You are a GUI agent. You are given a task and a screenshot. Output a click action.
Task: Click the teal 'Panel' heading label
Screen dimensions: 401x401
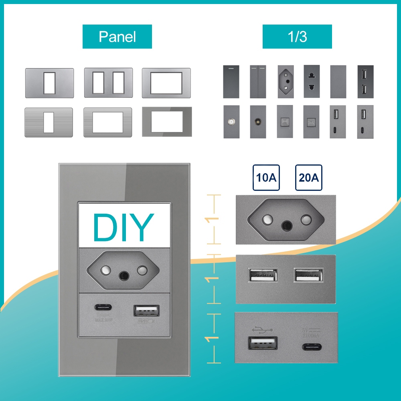point(117,37)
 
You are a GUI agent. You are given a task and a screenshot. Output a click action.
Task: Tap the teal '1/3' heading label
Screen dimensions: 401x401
point(297,37)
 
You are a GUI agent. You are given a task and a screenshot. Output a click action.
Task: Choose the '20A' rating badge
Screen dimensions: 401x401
point(309,177)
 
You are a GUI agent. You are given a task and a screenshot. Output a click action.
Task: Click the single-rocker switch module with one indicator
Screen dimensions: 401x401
point(231,81)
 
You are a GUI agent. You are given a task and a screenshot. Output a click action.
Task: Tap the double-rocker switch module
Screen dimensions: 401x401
point(258,81)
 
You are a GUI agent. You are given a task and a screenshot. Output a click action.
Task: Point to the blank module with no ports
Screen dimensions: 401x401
point(338,81)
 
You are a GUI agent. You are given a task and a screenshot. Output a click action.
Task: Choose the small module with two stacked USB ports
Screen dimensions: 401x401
point(365,81)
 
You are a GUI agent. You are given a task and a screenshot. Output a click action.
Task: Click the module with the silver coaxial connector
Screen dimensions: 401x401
point(231,122)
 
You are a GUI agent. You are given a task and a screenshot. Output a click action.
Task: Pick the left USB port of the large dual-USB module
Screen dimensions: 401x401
point(263,276)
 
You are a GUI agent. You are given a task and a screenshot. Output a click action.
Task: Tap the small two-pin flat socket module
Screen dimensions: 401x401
point(311,81)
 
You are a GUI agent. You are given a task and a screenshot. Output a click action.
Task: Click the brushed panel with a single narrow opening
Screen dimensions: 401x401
point(49,122)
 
